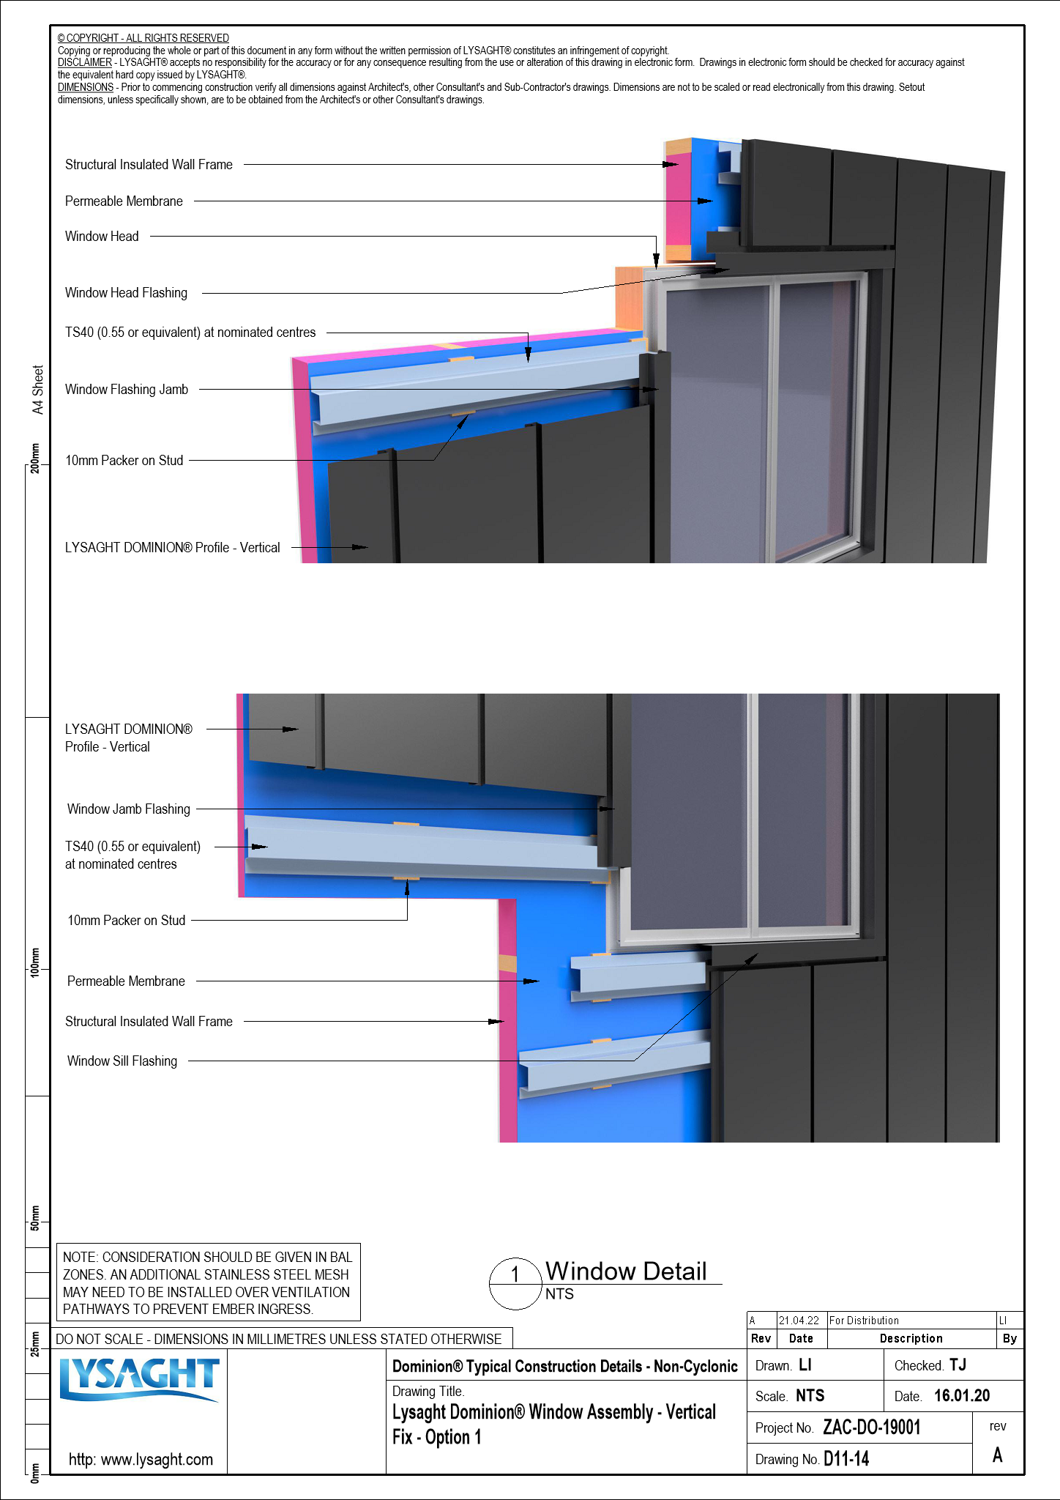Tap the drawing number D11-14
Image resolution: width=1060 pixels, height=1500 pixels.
(x=846, y=1459)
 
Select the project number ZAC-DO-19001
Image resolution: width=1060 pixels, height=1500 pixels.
(x=871, y=1427)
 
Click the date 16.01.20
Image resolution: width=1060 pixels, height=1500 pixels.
(x=961, y=1396)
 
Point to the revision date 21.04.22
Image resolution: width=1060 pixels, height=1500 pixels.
(x=799, y=1321)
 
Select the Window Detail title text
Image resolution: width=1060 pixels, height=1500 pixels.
(x=626, y=1271)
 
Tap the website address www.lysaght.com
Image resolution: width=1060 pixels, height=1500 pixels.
(x=141, y=1459)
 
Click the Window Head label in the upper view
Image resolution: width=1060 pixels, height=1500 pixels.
(x=102, y=236)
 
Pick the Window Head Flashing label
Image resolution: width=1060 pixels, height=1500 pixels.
(x=126, y=293)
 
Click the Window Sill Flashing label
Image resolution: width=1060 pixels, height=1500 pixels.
(x=122, y=1061)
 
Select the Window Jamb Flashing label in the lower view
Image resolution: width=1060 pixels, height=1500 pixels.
(x=129, y=809)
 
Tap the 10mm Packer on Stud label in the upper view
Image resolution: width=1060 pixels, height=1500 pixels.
(x=124, y=460)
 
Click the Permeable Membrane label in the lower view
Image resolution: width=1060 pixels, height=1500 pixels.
(x=126, y=981)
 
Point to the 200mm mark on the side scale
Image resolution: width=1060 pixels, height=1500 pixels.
(x=35, y=458)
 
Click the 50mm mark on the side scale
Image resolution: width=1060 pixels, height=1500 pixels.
(x=35, y=1217)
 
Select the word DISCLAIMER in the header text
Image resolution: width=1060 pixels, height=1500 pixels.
(x=85, y=62)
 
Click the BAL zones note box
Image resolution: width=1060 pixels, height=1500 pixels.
(x=208, y=1282)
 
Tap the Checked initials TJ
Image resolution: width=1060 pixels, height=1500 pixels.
(x=958, y=1365)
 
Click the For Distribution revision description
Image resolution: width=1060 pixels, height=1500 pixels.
(x=864, y=1321)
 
